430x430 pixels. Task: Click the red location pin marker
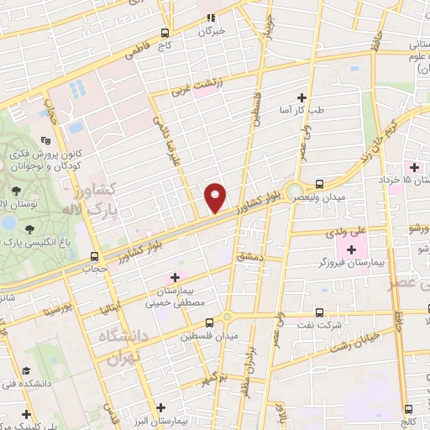tap(215, 197)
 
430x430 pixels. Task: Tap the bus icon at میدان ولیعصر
tap(318, 184)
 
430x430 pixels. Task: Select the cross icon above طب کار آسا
tap(302, 98)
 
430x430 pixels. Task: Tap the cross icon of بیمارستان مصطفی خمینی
tap(175, 277)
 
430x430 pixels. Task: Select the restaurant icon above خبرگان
tap(212, 17)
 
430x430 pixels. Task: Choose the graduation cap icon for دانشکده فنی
tap(26, 370)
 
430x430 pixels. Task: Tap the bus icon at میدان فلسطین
tap(227, 319)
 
